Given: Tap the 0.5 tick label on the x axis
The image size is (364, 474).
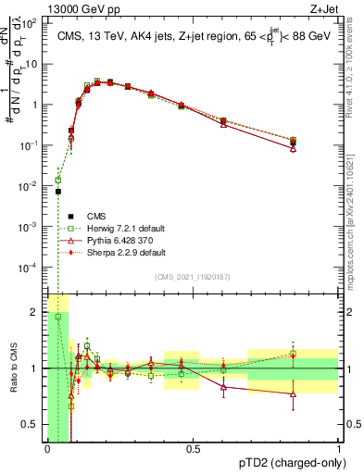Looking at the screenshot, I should coord(193,449).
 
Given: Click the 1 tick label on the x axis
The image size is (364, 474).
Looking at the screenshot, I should coord(339,449).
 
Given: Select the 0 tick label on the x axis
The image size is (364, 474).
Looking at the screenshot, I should coord(47,449).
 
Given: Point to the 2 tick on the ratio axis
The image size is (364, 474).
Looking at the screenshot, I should coord(35,311).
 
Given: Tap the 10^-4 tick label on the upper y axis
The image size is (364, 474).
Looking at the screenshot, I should coord(32,267).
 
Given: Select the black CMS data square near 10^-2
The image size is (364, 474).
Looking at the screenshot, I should coord(57,192).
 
